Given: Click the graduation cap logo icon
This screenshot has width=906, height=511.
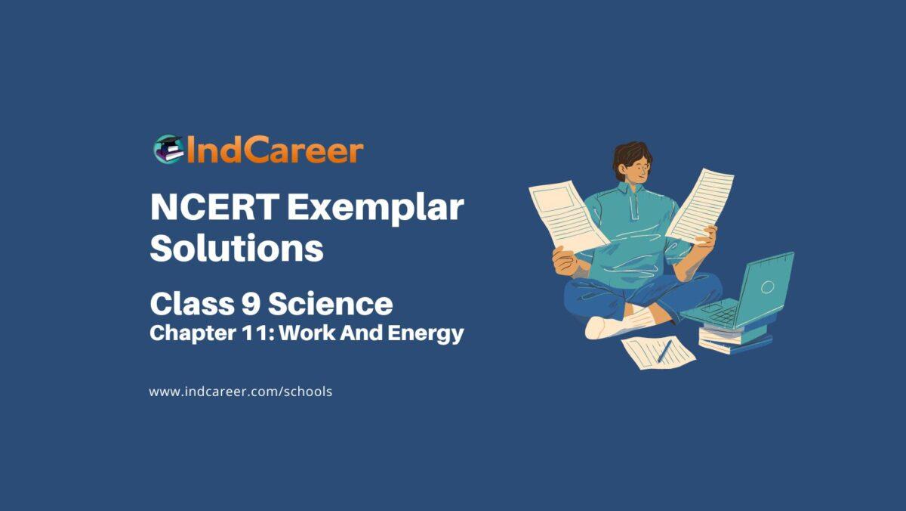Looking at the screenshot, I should [x=168, y=149].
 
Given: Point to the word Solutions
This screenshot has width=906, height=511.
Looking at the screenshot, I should [x=236, y=249].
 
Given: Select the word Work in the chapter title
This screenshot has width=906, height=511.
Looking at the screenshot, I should [x=313, y=333].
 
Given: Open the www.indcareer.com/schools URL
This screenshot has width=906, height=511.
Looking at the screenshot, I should [x=241, y=392].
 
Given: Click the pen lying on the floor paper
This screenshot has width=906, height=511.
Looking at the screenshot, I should [x=664, y=350].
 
